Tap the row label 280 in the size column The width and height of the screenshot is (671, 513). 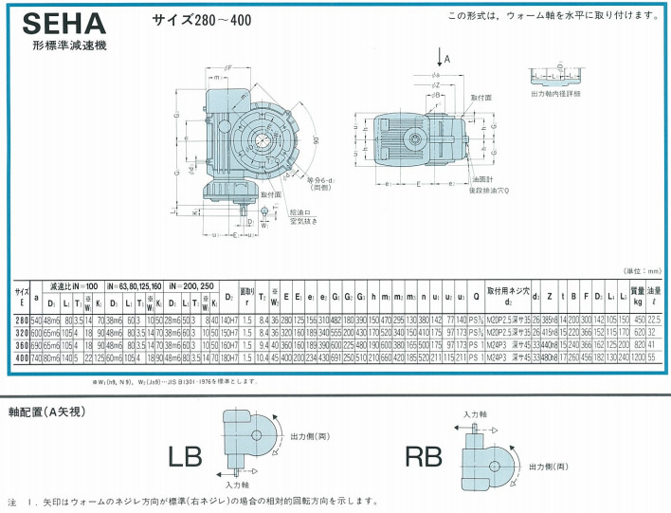(21, 321)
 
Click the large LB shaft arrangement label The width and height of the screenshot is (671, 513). (185, 456)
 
